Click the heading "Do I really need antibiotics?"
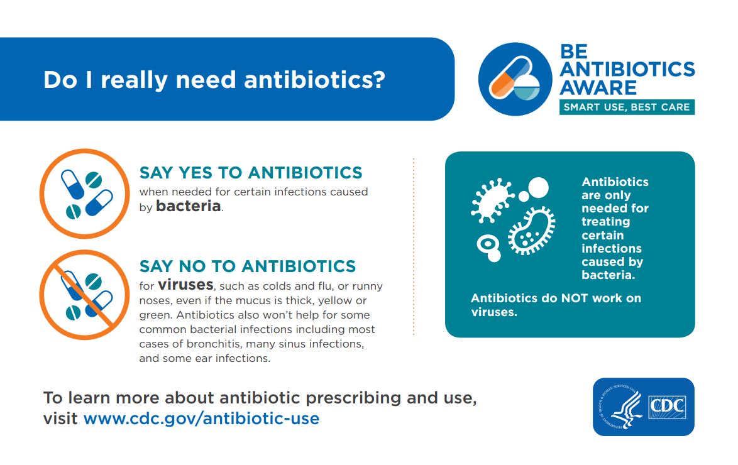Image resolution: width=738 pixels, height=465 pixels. point(214,80)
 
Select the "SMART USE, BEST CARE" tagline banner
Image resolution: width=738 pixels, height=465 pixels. point(627,107)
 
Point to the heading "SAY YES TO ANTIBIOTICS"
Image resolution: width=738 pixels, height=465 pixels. point(251,172)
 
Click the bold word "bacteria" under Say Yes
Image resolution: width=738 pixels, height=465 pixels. point(188,206)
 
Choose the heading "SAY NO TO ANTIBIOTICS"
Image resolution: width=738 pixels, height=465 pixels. point(248,266)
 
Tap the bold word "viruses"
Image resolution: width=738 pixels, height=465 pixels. point(185,285)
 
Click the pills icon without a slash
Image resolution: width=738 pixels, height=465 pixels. point(84,194)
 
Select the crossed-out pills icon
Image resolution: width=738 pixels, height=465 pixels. point(84,295)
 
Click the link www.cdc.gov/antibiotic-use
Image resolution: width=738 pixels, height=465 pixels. point(201,418)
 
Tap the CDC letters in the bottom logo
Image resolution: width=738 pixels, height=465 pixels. point(666,407)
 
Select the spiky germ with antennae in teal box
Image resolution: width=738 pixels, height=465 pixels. point(491,199)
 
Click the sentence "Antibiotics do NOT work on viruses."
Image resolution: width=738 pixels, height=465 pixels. point(556,305)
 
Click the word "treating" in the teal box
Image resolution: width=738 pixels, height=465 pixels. point(605,222)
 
